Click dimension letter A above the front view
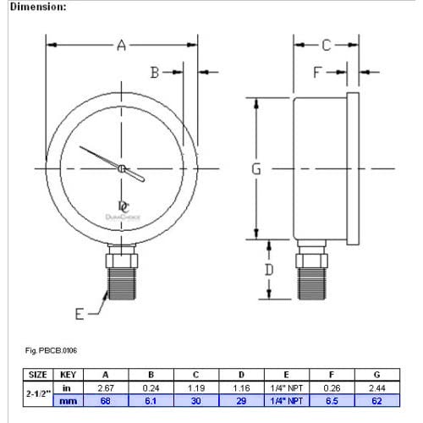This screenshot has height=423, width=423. tap(121, 46)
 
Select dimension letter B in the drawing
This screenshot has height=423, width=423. tap(156, 73)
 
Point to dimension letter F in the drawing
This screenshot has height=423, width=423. tap(318, 73)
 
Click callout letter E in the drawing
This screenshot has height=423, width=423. tap(80, 314)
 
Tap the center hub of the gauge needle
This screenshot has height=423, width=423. tap(122, 168)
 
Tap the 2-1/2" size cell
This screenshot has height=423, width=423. tap(39, 394)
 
